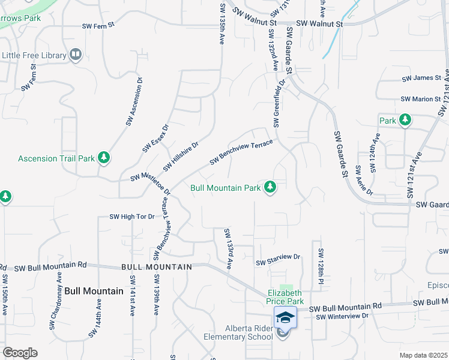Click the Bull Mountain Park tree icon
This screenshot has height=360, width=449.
pos(270,187)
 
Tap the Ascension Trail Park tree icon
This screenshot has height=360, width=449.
pos(104,158)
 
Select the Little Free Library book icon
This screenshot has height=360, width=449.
pos(76,55)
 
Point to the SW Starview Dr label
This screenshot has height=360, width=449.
pos(277,259)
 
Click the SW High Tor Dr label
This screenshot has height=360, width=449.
pos(132,217)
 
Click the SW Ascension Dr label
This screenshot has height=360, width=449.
pos(134,101)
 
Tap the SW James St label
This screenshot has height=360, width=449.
pos(421,78)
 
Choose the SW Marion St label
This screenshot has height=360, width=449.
pos(421,99)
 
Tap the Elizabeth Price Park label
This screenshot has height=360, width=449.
pos(286,297)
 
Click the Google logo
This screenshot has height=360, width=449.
pos(20,353)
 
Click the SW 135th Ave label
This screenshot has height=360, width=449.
pos(221,23)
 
